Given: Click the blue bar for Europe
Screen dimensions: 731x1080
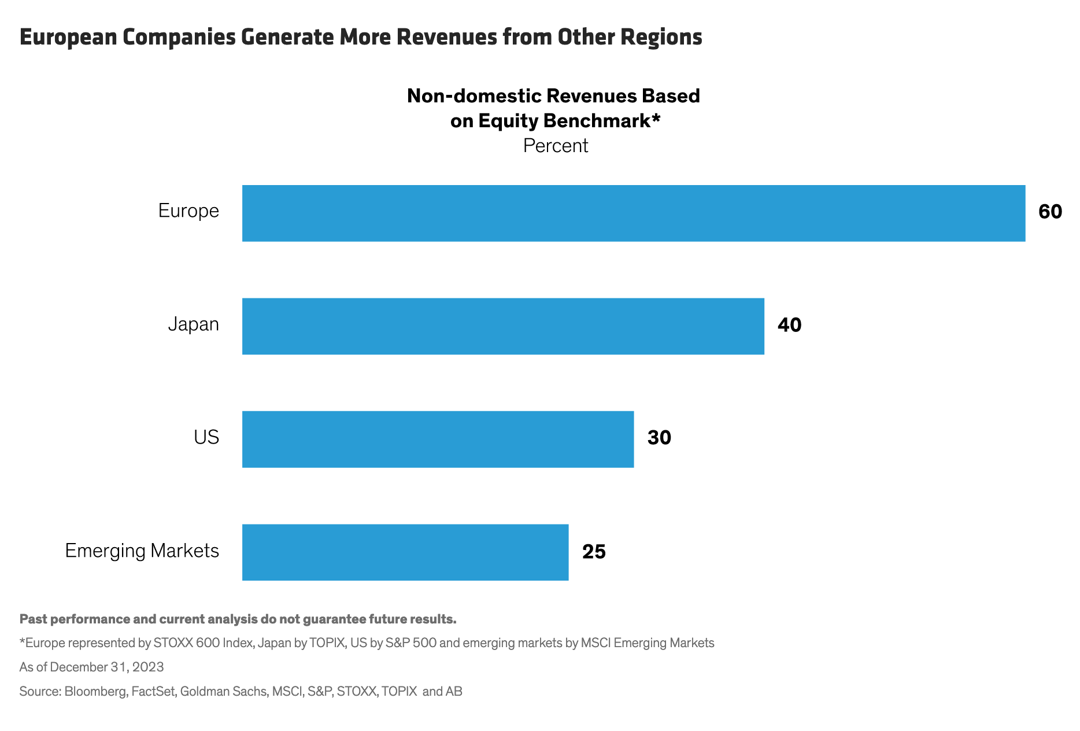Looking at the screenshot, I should pos(633,213).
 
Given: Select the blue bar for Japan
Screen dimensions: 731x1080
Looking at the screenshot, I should pos(503,326).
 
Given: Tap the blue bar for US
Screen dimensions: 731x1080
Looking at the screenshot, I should pos(438,439).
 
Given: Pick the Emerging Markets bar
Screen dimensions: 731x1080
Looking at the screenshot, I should pos(405,552).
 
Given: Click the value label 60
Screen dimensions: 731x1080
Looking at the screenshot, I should pos(1050,212).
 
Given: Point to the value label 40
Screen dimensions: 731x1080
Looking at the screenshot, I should pos(789,325).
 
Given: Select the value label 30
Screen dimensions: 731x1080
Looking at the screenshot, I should pos(659,438).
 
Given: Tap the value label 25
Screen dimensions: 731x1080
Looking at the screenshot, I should pos(594,552).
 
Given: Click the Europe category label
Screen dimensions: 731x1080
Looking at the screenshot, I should pos(188,211).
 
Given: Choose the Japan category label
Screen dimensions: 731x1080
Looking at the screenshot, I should pos(193,324).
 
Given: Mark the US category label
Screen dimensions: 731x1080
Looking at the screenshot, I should pos(206,437).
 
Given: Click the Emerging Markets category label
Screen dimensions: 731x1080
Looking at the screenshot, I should pos(142,551).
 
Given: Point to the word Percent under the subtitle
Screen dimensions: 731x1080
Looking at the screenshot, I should pos(555,146).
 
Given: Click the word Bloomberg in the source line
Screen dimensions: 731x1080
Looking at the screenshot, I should pos(95,691).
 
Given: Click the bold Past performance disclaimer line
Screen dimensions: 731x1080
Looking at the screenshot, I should pos(238,619).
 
